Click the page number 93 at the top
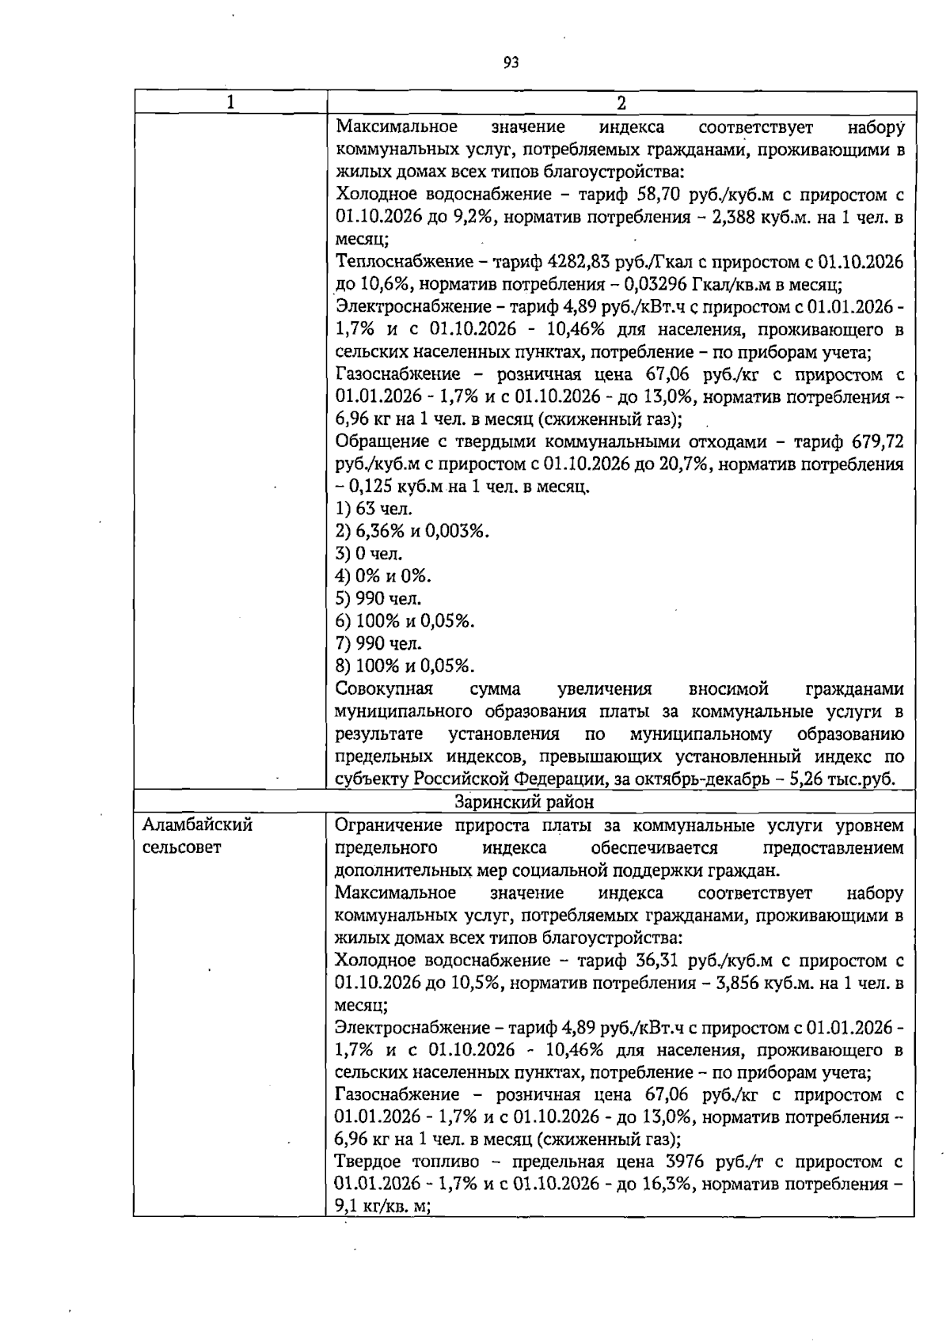(511, 63)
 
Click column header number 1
(230, 103)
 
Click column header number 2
(621, 103)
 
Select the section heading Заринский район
(524, 802)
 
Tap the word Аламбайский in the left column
(197, 825)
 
